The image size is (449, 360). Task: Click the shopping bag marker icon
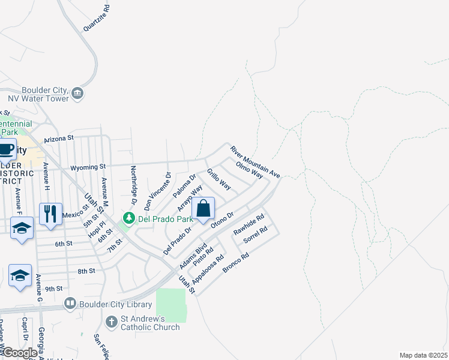[x=203, y=209]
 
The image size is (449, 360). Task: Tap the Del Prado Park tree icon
[x=128, y=217]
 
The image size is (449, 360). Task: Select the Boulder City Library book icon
[x=70, y=304]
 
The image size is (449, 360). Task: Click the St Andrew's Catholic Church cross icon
[x=111, y=322]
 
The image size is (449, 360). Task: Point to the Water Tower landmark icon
[x=77, y=93]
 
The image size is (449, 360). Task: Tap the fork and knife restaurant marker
[x=50, y=214]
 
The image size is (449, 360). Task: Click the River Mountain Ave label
[x=255, y=161]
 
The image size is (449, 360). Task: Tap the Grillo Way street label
[x=218, y=179]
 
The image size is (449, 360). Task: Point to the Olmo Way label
[x=249, y=170]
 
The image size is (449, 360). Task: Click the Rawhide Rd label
[x=249, y=224]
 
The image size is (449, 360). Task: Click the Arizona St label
[x=58, y=138]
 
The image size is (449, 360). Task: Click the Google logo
[x=19, y=353]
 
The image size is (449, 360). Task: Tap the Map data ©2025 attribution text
[x=423, y=355]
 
